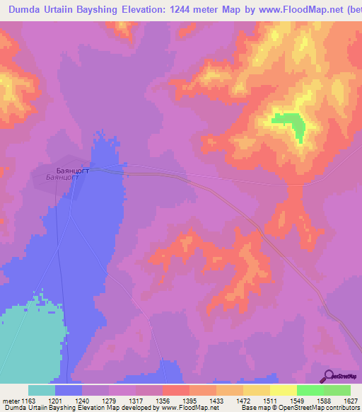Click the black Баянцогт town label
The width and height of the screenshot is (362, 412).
[72, 170]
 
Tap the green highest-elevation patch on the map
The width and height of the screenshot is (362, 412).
[291, 124]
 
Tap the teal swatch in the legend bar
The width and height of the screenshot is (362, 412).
[42, 391]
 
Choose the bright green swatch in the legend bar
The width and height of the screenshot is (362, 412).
[310, 391]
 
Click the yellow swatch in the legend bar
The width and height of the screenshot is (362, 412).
[283, 391]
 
